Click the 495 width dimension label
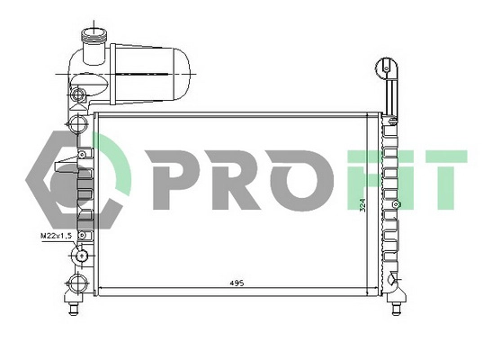(237, 283)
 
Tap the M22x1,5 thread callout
(57, 236)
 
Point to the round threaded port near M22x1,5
(82, 255)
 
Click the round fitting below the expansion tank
(78, 94)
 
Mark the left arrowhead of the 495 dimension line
(100, 289)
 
